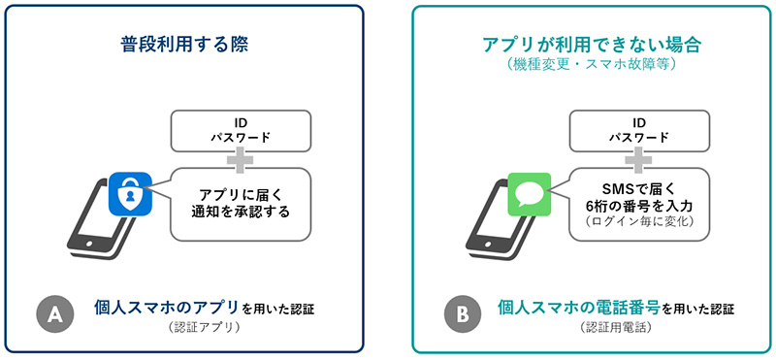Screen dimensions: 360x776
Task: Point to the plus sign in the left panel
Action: [x=241, y=158]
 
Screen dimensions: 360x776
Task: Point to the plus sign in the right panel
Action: [x=638, y=158]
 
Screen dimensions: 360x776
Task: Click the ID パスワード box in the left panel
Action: [x=241, y=130]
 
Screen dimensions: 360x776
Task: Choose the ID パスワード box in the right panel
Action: [x=638, y=130]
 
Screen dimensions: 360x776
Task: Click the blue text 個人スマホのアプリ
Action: [x=166, y=309]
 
